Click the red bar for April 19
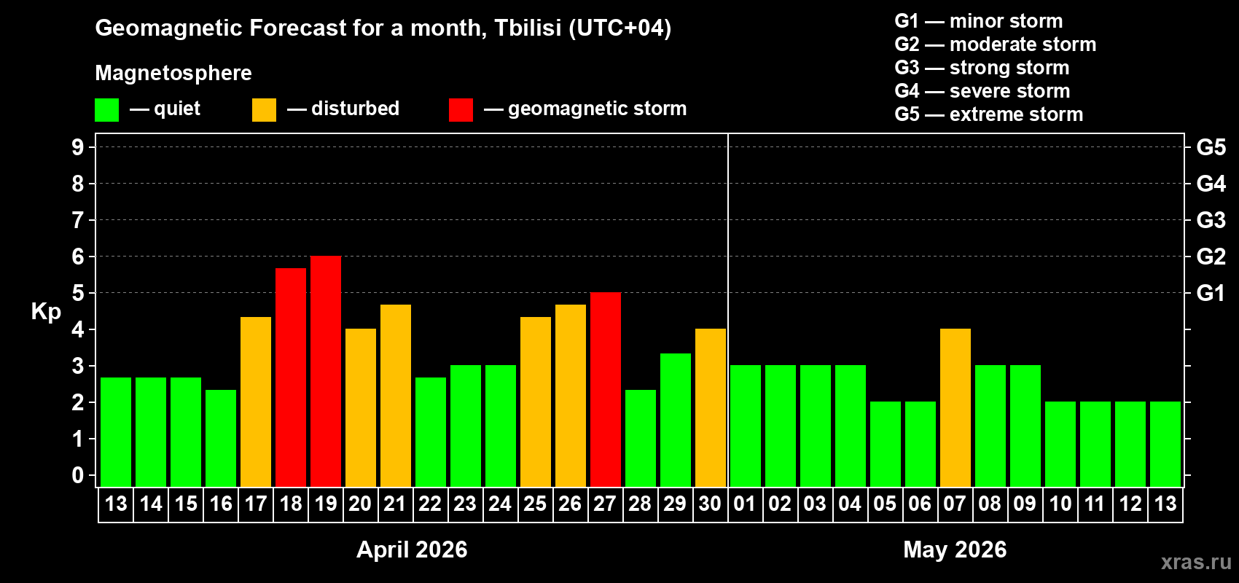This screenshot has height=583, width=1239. [326, 371]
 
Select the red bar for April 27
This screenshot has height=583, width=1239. [606, 389]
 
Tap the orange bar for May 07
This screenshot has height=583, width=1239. [955, 407]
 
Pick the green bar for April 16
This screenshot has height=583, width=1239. [221, 438]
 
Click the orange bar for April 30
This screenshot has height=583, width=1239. [711, 407]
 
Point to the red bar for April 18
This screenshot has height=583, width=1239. [291, 377]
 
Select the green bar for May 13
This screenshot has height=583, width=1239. [1165, 444]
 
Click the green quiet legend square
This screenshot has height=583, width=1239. [106, 110]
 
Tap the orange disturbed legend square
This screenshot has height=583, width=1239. [264, 110]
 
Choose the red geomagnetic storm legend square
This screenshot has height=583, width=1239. [461, 110]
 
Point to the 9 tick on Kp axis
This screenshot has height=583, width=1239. [78, 147]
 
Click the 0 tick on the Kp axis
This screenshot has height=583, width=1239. [78, 476]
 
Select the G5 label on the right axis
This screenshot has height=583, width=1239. [1211, 147]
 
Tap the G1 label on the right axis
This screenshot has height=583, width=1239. [1211, 293]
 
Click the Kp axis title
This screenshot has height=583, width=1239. [46, 311]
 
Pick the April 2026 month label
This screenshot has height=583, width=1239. [412, 549]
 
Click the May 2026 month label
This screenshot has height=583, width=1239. [955, 549]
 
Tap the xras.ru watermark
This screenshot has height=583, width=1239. [1196, 562]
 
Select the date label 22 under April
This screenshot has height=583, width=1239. [430, 504]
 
